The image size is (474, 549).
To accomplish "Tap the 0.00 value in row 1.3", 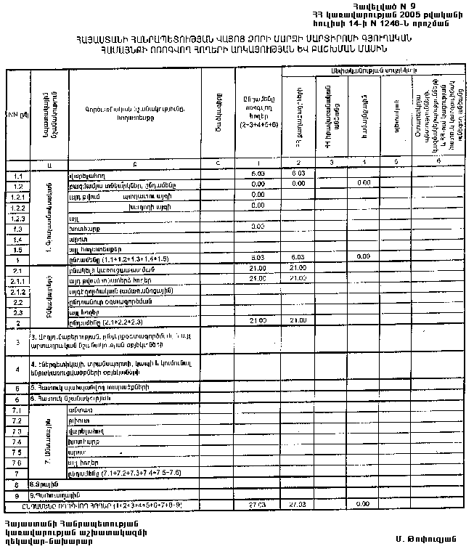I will coord(257,227).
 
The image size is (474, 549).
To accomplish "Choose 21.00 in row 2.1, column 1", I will coord(257,268).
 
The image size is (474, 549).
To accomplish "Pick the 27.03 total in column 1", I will coord(257,503).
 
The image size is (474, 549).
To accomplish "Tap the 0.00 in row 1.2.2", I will coord(257,206).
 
